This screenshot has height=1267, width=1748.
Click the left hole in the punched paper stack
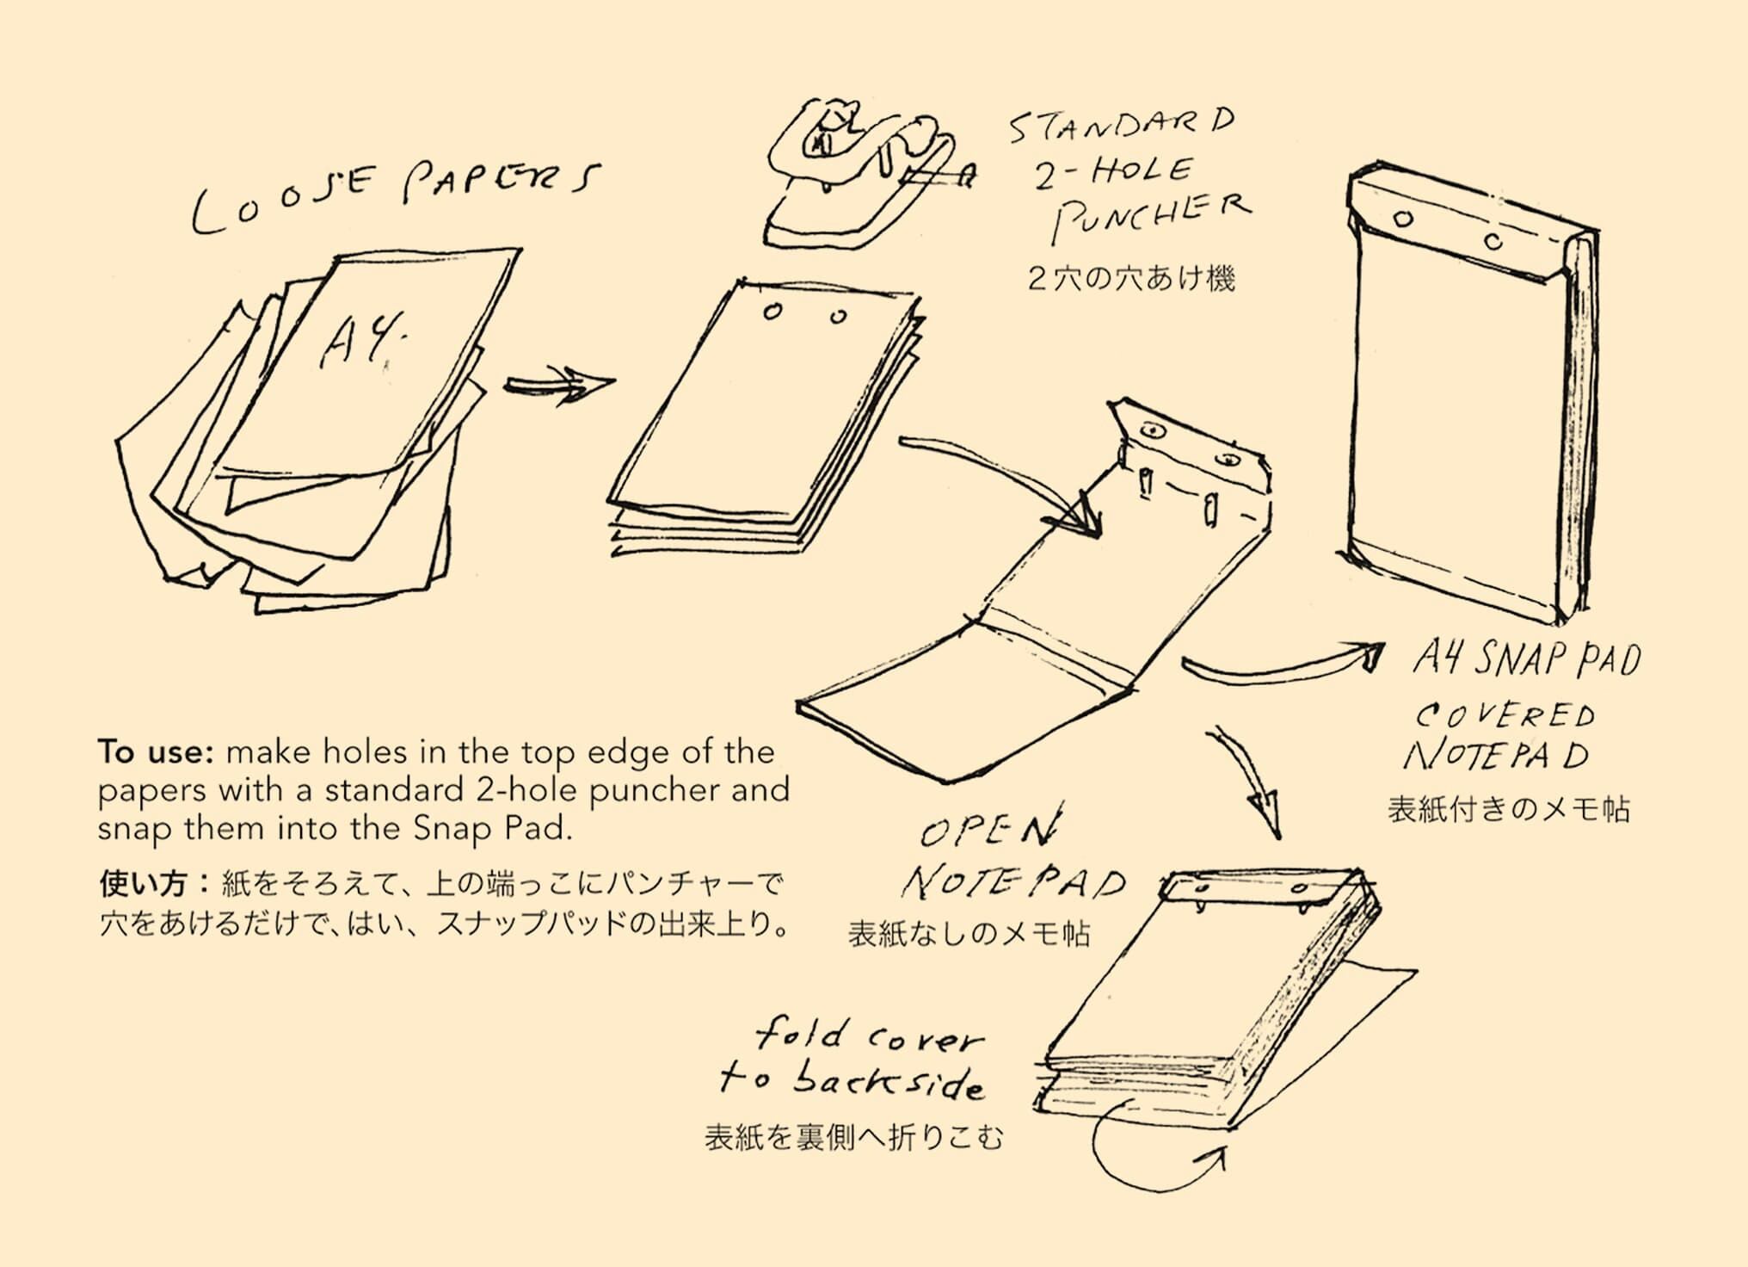(772, 312)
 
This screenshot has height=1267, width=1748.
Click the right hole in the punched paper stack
(839, 317)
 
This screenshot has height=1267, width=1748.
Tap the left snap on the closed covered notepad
(1404, 219)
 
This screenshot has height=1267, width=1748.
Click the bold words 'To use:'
(155, 752)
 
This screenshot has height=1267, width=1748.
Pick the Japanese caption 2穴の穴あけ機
(1131, 279)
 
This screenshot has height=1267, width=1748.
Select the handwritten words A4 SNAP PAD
(1527, 661)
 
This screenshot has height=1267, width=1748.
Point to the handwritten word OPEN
(989, 828)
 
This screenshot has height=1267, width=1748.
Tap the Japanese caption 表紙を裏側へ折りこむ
(854, 1138)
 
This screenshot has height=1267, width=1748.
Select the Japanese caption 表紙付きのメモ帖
(1509, 810)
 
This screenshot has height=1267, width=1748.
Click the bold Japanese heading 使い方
(143, 884)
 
